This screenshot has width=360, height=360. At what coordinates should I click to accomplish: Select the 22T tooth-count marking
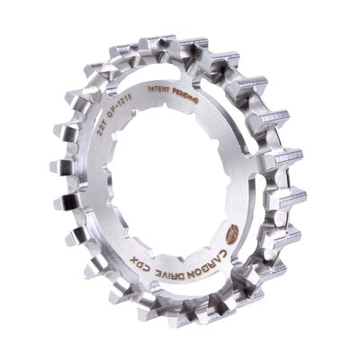tap(101, 128)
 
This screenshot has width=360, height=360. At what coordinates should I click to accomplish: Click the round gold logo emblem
tap(231, 233)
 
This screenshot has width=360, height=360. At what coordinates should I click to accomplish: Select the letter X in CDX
tap(133, 256)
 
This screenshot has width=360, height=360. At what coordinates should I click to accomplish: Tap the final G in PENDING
tap(196, 100)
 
